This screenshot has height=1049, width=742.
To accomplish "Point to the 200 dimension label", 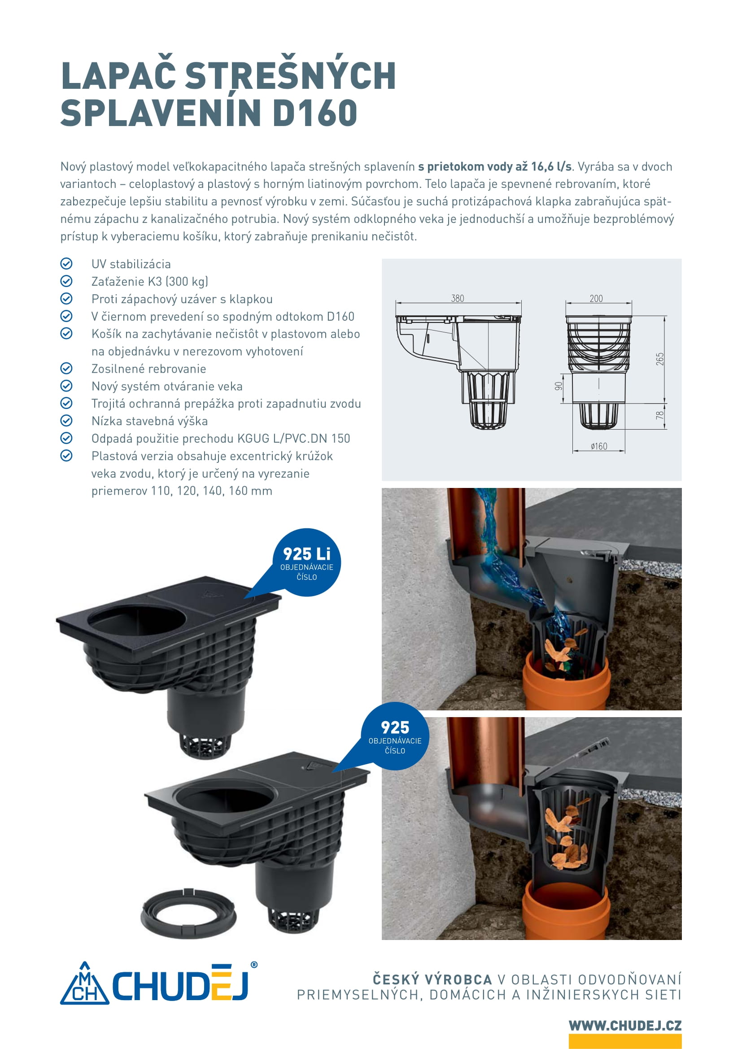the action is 596,298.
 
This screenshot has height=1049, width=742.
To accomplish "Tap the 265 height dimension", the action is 659,359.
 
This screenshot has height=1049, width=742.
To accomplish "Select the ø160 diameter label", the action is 598,446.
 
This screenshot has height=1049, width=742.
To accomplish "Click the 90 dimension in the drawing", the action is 559,387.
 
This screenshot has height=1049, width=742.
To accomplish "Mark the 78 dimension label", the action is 659,415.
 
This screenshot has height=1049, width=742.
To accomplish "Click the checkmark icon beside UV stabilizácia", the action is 66,264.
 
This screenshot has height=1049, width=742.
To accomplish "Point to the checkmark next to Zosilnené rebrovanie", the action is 66,368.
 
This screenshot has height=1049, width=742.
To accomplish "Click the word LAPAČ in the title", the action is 118,74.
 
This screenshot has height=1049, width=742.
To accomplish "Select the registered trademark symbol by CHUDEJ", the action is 254,965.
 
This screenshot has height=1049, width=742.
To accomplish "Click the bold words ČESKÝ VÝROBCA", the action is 432,979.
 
